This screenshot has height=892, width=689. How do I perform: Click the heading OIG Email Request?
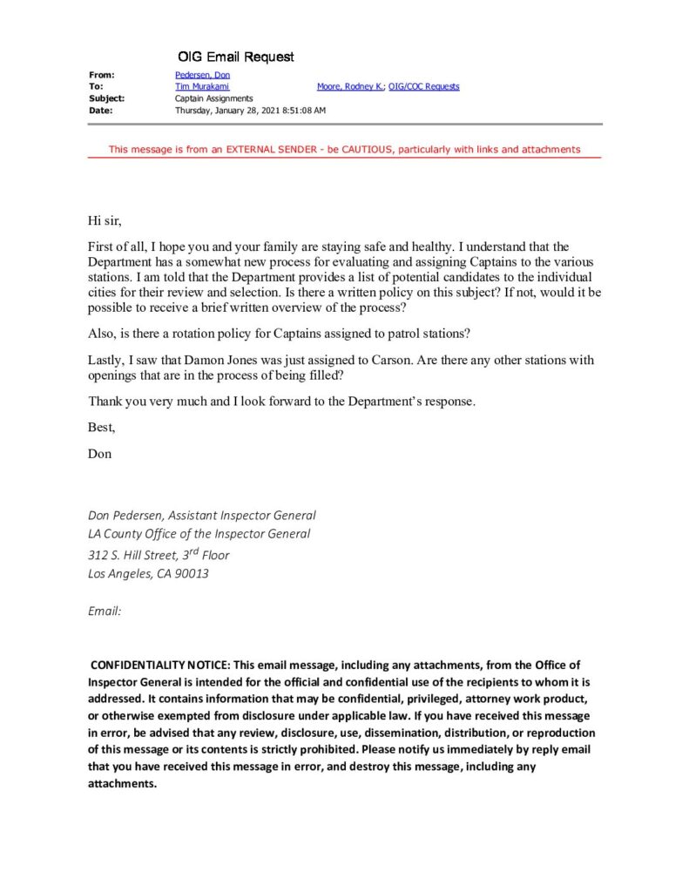click(236, 57)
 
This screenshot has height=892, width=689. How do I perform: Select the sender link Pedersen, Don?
click(202, 75)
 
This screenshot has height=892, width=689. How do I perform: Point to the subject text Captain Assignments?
click(213, 98)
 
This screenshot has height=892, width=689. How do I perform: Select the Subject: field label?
click(106, 98)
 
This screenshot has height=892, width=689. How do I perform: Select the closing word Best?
click(101, 428)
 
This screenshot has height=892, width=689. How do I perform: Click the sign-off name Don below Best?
click(100, 454)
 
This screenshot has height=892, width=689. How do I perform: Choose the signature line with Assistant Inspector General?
click(201, 516)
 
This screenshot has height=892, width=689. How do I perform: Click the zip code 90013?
click(192, 573)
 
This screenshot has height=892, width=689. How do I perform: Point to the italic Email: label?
click(105, 612)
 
